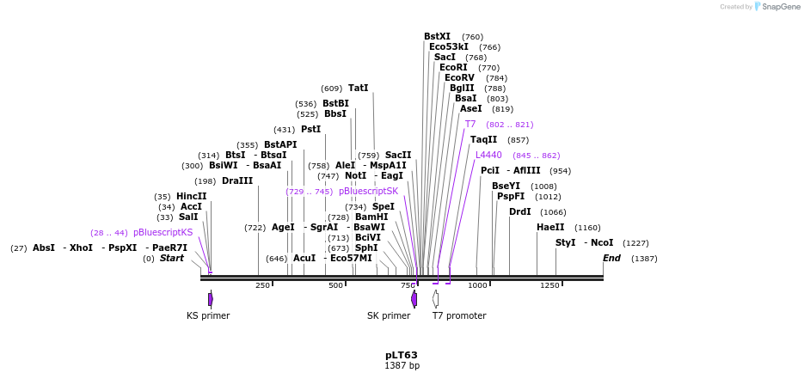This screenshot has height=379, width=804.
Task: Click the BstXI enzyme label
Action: [x=437, y=37]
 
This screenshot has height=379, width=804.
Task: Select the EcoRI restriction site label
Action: [x=453, y=67]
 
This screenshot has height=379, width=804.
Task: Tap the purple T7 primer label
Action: [x=470, y=124]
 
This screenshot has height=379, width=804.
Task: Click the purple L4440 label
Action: [x=488, y=155]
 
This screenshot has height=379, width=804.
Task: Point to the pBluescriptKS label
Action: [x=163, y=232]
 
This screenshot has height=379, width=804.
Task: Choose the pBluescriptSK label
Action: [x=368, y=191]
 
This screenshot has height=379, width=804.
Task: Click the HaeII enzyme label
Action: [x=550, y=227]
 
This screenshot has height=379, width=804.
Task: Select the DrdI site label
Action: [x=519, y=211]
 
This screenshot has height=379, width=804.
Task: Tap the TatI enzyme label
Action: [x=358, y=88]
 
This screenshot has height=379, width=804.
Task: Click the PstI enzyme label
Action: [x=310, y=129]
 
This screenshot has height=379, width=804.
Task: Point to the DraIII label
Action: [x=237, y=180]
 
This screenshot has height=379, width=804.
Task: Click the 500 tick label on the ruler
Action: [x=336, y=285]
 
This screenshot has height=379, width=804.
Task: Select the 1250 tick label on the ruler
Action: [x=549, y=285]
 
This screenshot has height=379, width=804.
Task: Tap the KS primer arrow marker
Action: [x=210, y=299]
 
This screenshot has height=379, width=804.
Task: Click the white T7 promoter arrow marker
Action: [x=436, y=299]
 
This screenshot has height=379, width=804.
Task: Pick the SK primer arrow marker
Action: [x=414, y=299]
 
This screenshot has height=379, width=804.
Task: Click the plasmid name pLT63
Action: [x=402, y=354]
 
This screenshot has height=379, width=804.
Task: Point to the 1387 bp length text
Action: [x=402, y=366]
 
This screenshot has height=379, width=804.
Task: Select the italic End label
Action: [x=611, y=258]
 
